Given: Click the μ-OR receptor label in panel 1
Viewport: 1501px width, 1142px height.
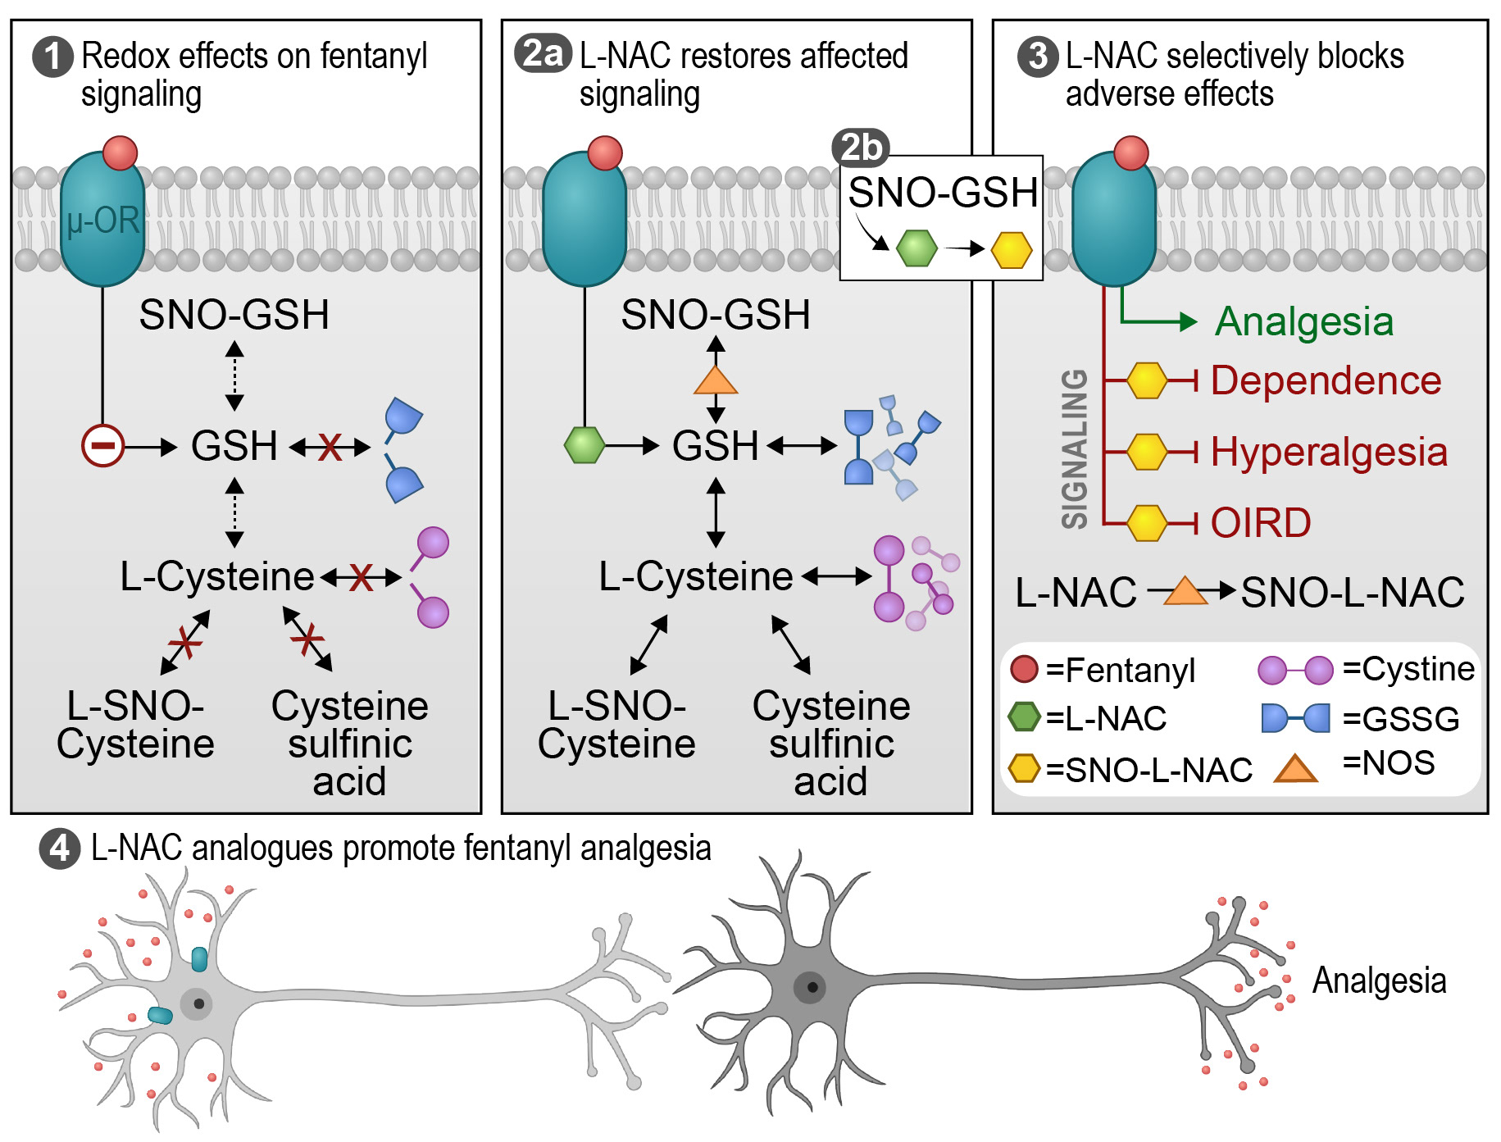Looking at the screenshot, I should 103,221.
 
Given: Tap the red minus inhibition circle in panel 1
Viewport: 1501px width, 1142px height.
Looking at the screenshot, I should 102,446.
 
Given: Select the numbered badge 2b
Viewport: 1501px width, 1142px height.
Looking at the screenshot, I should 861,148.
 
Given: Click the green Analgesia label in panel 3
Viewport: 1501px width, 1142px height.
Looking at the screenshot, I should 1303,321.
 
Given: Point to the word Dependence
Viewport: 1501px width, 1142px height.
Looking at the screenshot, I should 1326,380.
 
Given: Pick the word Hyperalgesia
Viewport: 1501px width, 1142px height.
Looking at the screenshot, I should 1329,452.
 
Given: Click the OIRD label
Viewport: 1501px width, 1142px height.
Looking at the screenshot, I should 1261,523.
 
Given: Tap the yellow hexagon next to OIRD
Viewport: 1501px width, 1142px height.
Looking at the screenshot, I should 1146,523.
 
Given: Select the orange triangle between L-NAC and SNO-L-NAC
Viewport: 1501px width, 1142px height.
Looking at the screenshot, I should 1185,591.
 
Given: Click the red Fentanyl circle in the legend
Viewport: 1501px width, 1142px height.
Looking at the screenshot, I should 1024,670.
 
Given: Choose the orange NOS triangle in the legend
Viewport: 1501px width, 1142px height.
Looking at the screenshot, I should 1295,767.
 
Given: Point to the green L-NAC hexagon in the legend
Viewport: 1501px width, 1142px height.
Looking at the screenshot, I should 1024,717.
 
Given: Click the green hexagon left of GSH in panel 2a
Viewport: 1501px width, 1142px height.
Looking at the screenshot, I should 584,445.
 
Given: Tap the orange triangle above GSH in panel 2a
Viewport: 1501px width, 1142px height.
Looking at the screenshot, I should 716,380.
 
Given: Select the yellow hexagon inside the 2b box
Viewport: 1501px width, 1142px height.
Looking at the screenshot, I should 1012,249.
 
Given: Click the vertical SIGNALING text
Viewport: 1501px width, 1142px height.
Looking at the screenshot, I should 1075,448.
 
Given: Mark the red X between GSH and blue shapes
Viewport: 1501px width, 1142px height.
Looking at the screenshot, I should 330,447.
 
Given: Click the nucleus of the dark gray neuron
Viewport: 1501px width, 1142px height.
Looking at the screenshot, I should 812,987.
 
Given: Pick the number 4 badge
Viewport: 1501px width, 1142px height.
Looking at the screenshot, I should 60,849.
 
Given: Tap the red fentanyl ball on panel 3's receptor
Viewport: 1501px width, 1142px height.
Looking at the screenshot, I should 1131,152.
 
